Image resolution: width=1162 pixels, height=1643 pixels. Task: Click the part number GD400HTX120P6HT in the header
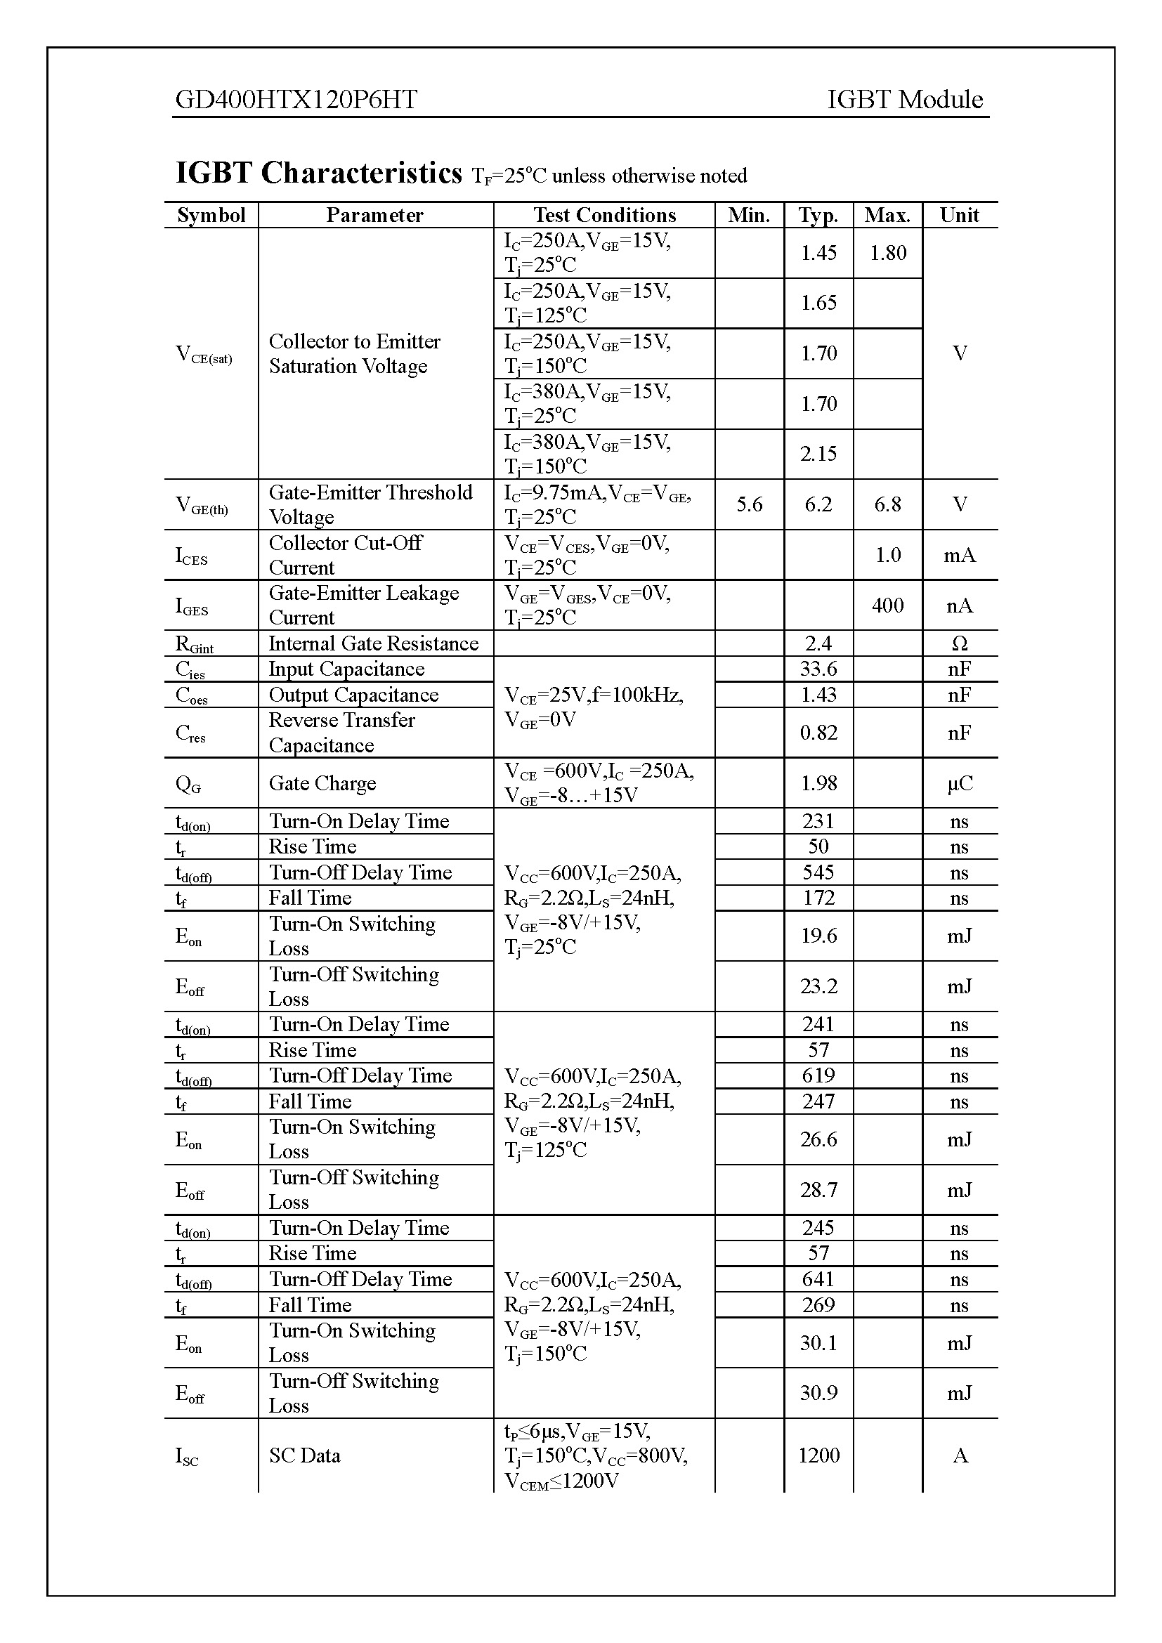pos(296,100)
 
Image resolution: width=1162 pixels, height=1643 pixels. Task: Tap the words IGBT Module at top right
pos(904,100)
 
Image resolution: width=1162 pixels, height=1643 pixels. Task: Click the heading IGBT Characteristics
pos(319,174)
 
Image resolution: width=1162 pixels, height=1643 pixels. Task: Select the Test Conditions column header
pos(604,216)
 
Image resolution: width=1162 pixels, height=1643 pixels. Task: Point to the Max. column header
pos(887,216)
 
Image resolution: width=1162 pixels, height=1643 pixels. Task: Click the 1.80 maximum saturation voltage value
pos(887,253)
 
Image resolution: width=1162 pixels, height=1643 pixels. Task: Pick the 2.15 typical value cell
pos(818,454)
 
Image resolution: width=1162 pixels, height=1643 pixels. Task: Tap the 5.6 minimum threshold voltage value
pos(749,504)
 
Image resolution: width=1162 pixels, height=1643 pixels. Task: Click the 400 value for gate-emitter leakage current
pos(887,606)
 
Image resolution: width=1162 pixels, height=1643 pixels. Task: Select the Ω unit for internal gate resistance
pos(960,643)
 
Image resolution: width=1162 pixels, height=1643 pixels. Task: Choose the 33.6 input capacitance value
pos(818,669)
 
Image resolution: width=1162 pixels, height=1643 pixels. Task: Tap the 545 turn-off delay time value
pos(818,872)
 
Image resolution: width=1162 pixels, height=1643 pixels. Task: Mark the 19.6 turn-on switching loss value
pos(818,936)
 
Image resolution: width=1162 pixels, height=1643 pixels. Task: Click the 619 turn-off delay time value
pos(818,1075)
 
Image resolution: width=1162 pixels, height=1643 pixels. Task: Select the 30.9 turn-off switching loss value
pos(818,1392)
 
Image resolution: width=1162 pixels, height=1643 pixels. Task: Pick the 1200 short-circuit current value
pos(818,1455)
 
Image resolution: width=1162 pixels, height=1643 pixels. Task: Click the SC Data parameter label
pos(304,1455)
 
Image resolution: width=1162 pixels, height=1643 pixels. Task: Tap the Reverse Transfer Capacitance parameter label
pos(341,733)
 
